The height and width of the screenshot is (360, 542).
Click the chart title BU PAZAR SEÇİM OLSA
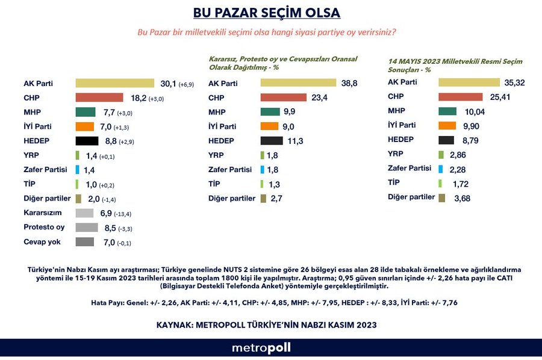point(266,13)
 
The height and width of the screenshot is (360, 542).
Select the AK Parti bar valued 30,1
point(115,83)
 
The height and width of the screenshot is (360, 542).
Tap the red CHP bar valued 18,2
point(99,98)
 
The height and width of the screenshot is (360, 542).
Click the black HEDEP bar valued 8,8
point(87,141)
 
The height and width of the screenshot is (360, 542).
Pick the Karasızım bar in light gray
point(84,213)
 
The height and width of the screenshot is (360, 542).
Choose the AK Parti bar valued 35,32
point(469,82)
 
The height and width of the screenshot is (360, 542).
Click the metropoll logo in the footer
point(261,348)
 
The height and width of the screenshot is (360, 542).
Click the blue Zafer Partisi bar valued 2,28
point(441,169)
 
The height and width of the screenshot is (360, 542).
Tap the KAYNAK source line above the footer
point(266,324)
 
